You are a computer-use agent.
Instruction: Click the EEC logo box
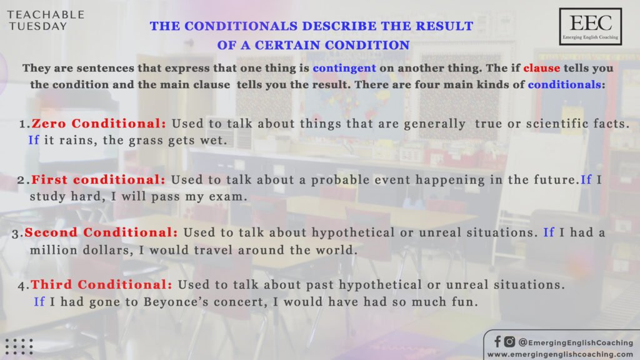point(590,26)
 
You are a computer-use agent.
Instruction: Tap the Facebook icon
point(497,342)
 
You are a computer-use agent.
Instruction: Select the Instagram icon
point(509,342)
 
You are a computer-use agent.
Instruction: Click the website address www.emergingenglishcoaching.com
point(560,354)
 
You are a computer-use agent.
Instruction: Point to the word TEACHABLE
point(46,15)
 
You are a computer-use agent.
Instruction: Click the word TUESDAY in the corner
point(38,26)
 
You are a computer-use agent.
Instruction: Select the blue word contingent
point(344,68)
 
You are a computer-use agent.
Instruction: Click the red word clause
point(542,67)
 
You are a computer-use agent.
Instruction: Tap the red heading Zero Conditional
point(99,123)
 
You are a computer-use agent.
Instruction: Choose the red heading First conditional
point(98,179)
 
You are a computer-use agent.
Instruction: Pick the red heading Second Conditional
point(101,232)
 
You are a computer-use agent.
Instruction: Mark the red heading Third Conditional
point(102,284)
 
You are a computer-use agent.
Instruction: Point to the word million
point(54,250)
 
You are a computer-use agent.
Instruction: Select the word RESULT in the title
point(444,26)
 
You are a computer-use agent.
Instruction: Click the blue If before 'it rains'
point(34,141)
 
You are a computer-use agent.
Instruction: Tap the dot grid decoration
point(19,346)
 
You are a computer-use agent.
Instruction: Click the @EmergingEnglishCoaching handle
point(576,342)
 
